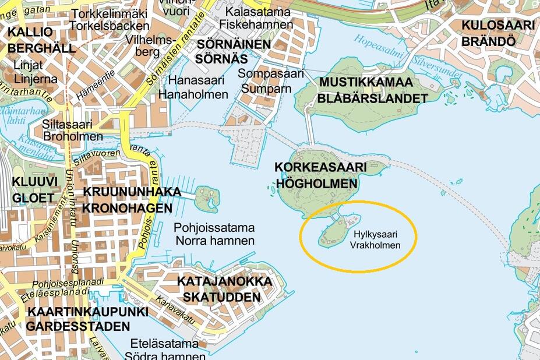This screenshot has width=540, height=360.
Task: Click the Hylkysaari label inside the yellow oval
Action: click(x=376, y=235)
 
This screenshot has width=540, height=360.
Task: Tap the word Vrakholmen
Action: click(x=376, y=245)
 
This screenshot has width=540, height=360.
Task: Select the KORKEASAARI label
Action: click(x=321, y=168)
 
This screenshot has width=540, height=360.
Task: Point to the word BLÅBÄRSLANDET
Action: click(x=372, y=98)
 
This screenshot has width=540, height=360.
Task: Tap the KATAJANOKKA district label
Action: click(x=224, y=282)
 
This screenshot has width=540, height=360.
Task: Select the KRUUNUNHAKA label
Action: click(x=132, y=192)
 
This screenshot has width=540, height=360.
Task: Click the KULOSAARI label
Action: click(x=497, y=25)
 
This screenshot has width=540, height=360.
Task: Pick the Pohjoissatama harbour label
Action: click(x=214, y=227)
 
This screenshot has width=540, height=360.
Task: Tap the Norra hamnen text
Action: click(x=214, y=240)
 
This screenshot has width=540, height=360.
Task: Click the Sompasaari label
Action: click(x=271, y=74)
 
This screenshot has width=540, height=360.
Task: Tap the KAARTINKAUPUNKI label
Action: click(x=88, y=312)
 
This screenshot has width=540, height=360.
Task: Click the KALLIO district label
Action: click(x=30, y=32)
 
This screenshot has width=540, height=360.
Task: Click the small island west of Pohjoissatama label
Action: click(x=207, y=199)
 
